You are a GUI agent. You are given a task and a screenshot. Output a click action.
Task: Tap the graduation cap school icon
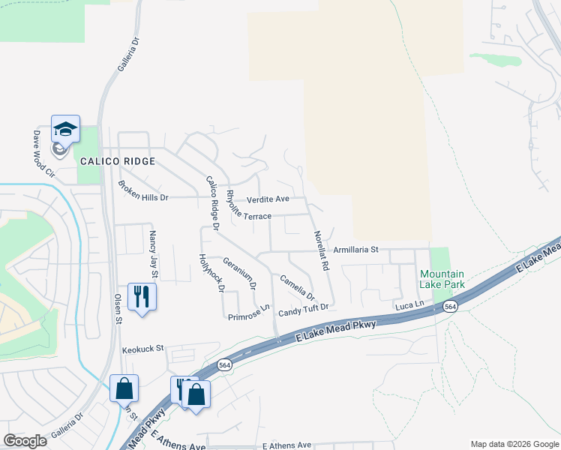point(65,130)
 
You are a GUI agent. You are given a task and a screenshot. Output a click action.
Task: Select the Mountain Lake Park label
point(442,279)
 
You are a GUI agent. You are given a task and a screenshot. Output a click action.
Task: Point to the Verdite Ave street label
point(268,199)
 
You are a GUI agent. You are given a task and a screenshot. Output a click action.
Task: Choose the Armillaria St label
point(357,249)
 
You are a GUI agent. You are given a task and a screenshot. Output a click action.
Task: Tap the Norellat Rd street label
point(320,250)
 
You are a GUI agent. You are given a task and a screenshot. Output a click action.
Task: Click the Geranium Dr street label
point(240,274)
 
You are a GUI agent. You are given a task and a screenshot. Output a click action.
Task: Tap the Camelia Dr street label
point(297,286)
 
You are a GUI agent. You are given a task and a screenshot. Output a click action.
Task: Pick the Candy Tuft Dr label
point(304,310)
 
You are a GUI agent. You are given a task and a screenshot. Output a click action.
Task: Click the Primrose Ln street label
point(249,313)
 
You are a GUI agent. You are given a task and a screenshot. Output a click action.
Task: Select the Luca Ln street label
point(409,305)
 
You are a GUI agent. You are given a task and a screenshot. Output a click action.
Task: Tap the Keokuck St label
point(142,350)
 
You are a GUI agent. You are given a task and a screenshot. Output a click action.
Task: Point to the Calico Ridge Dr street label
point(212,202)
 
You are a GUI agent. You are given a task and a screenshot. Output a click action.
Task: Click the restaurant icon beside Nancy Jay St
point(140,297)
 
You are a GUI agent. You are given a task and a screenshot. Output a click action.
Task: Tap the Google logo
point(25,441)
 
